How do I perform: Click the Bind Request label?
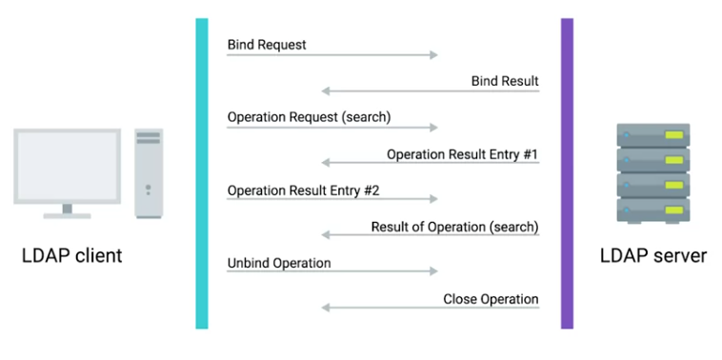(x=267, y=45)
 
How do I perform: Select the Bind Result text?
(x=505, y=81)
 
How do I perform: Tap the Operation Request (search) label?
(x=309, y=117)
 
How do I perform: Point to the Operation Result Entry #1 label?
(x=462, y=154)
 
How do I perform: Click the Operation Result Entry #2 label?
(x=304, y=190)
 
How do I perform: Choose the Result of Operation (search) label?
(x=455, y=227)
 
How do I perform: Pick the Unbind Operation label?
(x=279, y=263)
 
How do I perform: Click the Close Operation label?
(x=491, y=299)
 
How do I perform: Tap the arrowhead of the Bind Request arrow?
(x=434, y=55)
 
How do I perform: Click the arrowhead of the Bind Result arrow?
(x=325, y=91)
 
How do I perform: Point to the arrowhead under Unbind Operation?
(x=434, y=271)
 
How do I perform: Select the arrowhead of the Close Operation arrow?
(x=325, y=308)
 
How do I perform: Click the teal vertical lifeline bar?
(x=202, y=173)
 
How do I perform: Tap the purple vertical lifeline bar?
(x=568, y=173)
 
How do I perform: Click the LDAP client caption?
(x=72, y=255)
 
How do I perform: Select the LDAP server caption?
(x=653, y=255)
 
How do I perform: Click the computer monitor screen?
(x=68, y=166)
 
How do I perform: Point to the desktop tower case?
(x=149, y=173)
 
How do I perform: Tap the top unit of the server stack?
(x=653, y=135)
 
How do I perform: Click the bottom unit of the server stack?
(x=653, y=210)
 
